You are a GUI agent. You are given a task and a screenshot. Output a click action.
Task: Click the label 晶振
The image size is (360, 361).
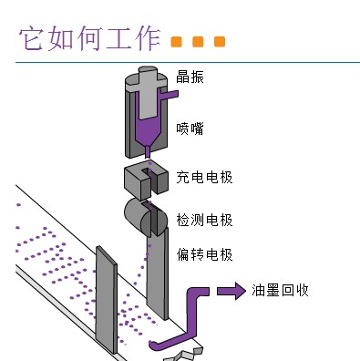click(x=190, y=77)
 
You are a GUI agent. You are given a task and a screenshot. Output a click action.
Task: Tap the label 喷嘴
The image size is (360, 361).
click(x=190, y=129)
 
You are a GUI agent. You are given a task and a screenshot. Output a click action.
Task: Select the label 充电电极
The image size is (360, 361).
click(x=204, y=177)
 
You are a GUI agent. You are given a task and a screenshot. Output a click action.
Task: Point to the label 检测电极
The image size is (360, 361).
click(x=204, y=221)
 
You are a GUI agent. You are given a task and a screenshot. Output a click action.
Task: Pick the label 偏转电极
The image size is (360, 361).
click(x=204, y=254)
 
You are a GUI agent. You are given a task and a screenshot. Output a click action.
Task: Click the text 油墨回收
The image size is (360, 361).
click(x=281, y=291)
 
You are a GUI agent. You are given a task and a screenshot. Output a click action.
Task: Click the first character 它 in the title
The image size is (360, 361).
click(x=31, y=39)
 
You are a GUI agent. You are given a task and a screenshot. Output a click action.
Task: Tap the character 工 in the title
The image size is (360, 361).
click(x=108, y=39)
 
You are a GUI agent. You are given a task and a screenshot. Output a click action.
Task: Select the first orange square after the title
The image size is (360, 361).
click(x=176, y=43)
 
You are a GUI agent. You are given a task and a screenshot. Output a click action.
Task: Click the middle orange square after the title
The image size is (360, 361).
click(x=198, y=43)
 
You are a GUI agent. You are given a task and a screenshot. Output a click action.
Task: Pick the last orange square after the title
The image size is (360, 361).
click(x=219, y=43)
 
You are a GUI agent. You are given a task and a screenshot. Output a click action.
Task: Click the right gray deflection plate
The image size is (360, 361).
click(x=158, y=273)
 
